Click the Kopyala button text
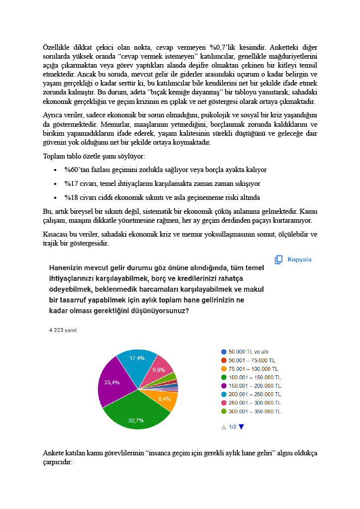pyautogui.click(x=300, y=259)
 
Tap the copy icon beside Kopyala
pyautogui.click(x=279, y=259)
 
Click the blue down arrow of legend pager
pyautogui.click(x=242, y=426)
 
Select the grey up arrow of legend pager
pyautogui.click(x=224, y=427)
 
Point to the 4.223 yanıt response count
pyautogui.click(x=60, y=330)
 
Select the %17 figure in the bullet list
pyautogui.click(x=71, y=183)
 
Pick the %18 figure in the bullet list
pyautogui.click(x=71, y=197)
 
